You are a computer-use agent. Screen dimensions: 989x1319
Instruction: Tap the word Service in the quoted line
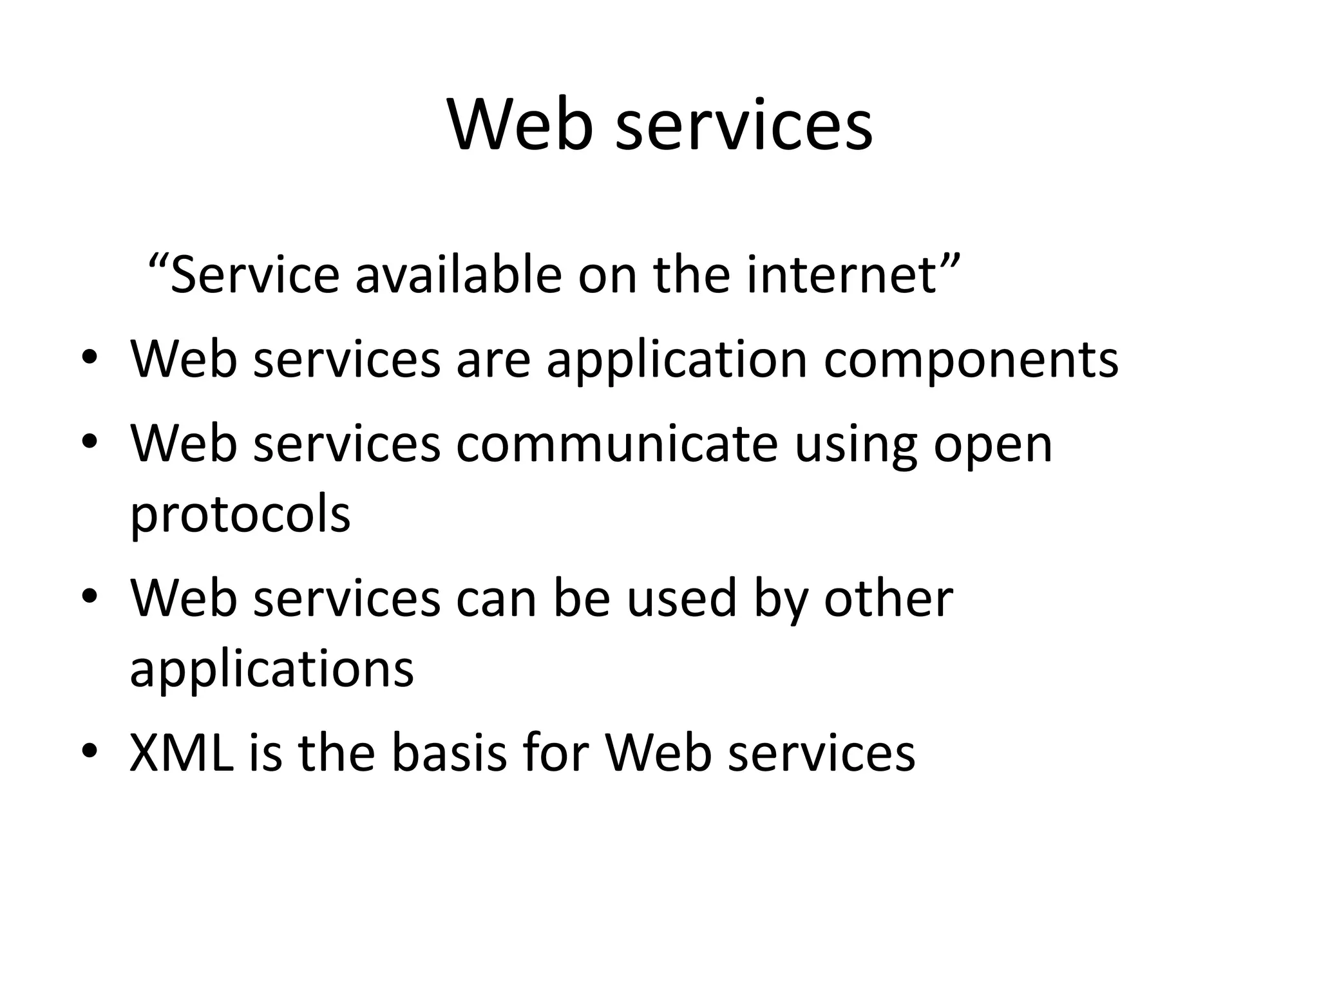point(254,275)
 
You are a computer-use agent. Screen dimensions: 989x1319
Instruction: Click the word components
point(971,359)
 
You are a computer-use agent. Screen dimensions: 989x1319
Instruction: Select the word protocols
point(240,515)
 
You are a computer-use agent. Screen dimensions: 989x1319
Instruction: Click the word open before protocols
point(992,446)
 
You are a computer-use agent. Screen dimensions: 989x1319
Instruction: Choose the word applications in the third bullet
point(272,670)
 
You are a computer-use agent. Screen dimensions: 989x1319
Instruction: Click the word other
point(889,598)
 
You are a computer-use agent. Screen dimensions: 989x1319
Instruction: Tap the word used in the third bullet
point(681,598)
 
